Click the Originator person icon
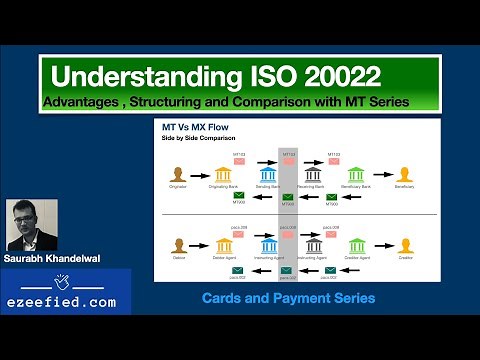[177, 175]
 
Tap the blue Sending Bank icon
[268, 175]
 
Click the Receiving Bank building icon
[313, 175]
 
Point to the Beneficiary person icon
[405, 175]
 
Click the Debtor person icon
[177, 245]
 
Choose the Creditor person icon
[405, 245]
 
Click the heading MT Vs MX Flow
[198, 129]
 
